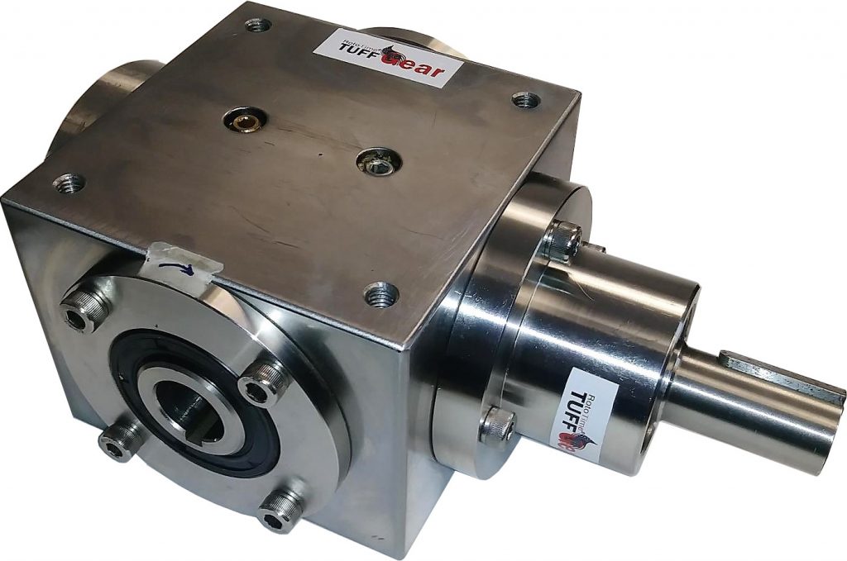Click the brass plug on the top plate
tap(245, 121)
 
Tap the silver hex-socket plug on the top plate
tap(380, 161)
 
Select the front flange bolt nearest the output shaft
tap(264, 384)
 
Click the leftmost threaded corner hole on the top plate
tap(69, 181)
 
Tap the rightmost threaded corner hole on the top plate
tap(525, 101)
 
